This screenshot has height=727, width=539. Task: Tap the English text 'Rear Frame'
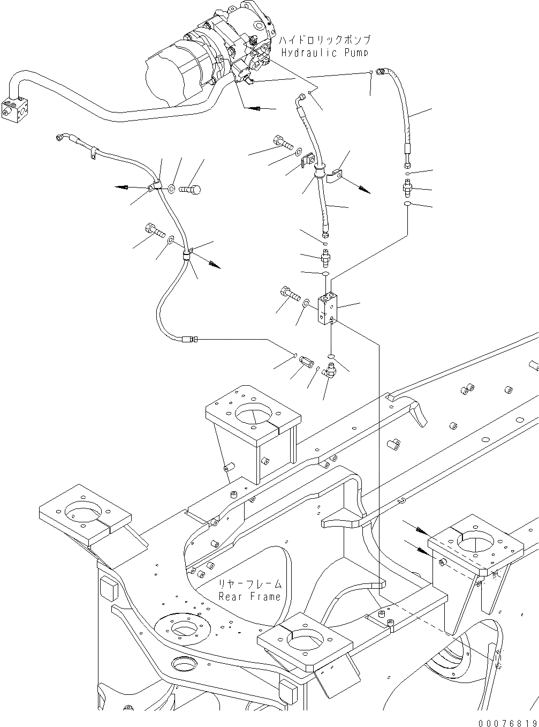click(249, 596)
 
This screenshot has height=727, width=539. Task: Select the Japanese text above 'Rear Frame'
click(249, 584)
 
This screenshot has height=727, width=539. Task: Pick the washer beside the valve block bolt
click(305, 304)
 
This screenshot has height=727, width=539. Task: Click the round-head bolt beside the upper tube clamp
click(190, 189)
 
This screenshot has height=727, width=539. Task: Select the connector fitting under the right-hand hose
click(408, 188)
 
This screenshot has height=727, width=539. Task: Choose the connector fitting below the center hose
click(324, 258)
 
